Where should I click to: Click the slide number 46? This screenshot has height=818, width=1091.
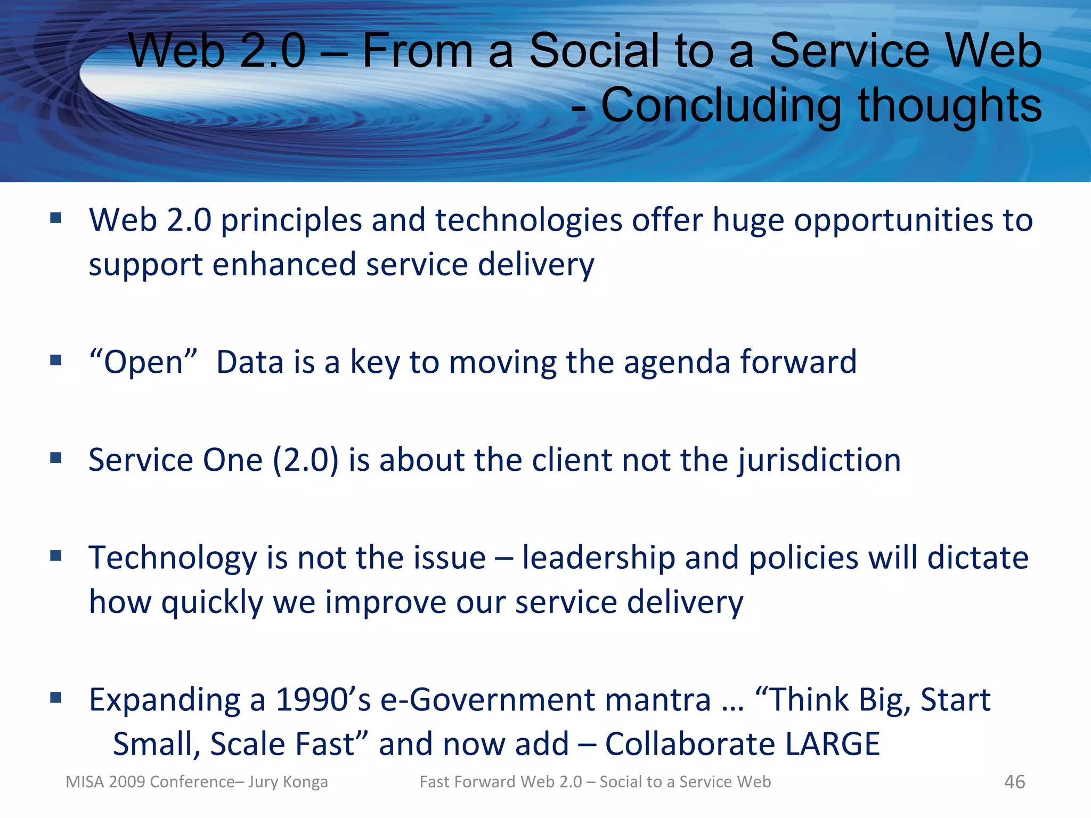[x=1014, y=782]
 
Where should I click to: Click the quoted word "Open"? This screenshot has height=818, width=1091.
[x=143, y=362]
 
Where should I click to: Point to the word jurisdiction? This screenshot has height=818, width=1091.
[x=819, y=460]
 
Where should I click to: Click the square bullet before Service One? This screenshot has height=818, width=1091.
[x=56, y=457]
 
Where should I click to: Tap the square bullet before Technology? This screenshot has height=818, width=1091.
[x=56, y=556]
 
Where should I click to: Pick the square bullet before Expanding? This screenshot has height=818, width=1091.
[x=56, y=697]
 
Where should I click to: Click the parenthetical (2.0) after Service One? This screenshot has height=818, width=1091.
[x=305, y=460]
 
